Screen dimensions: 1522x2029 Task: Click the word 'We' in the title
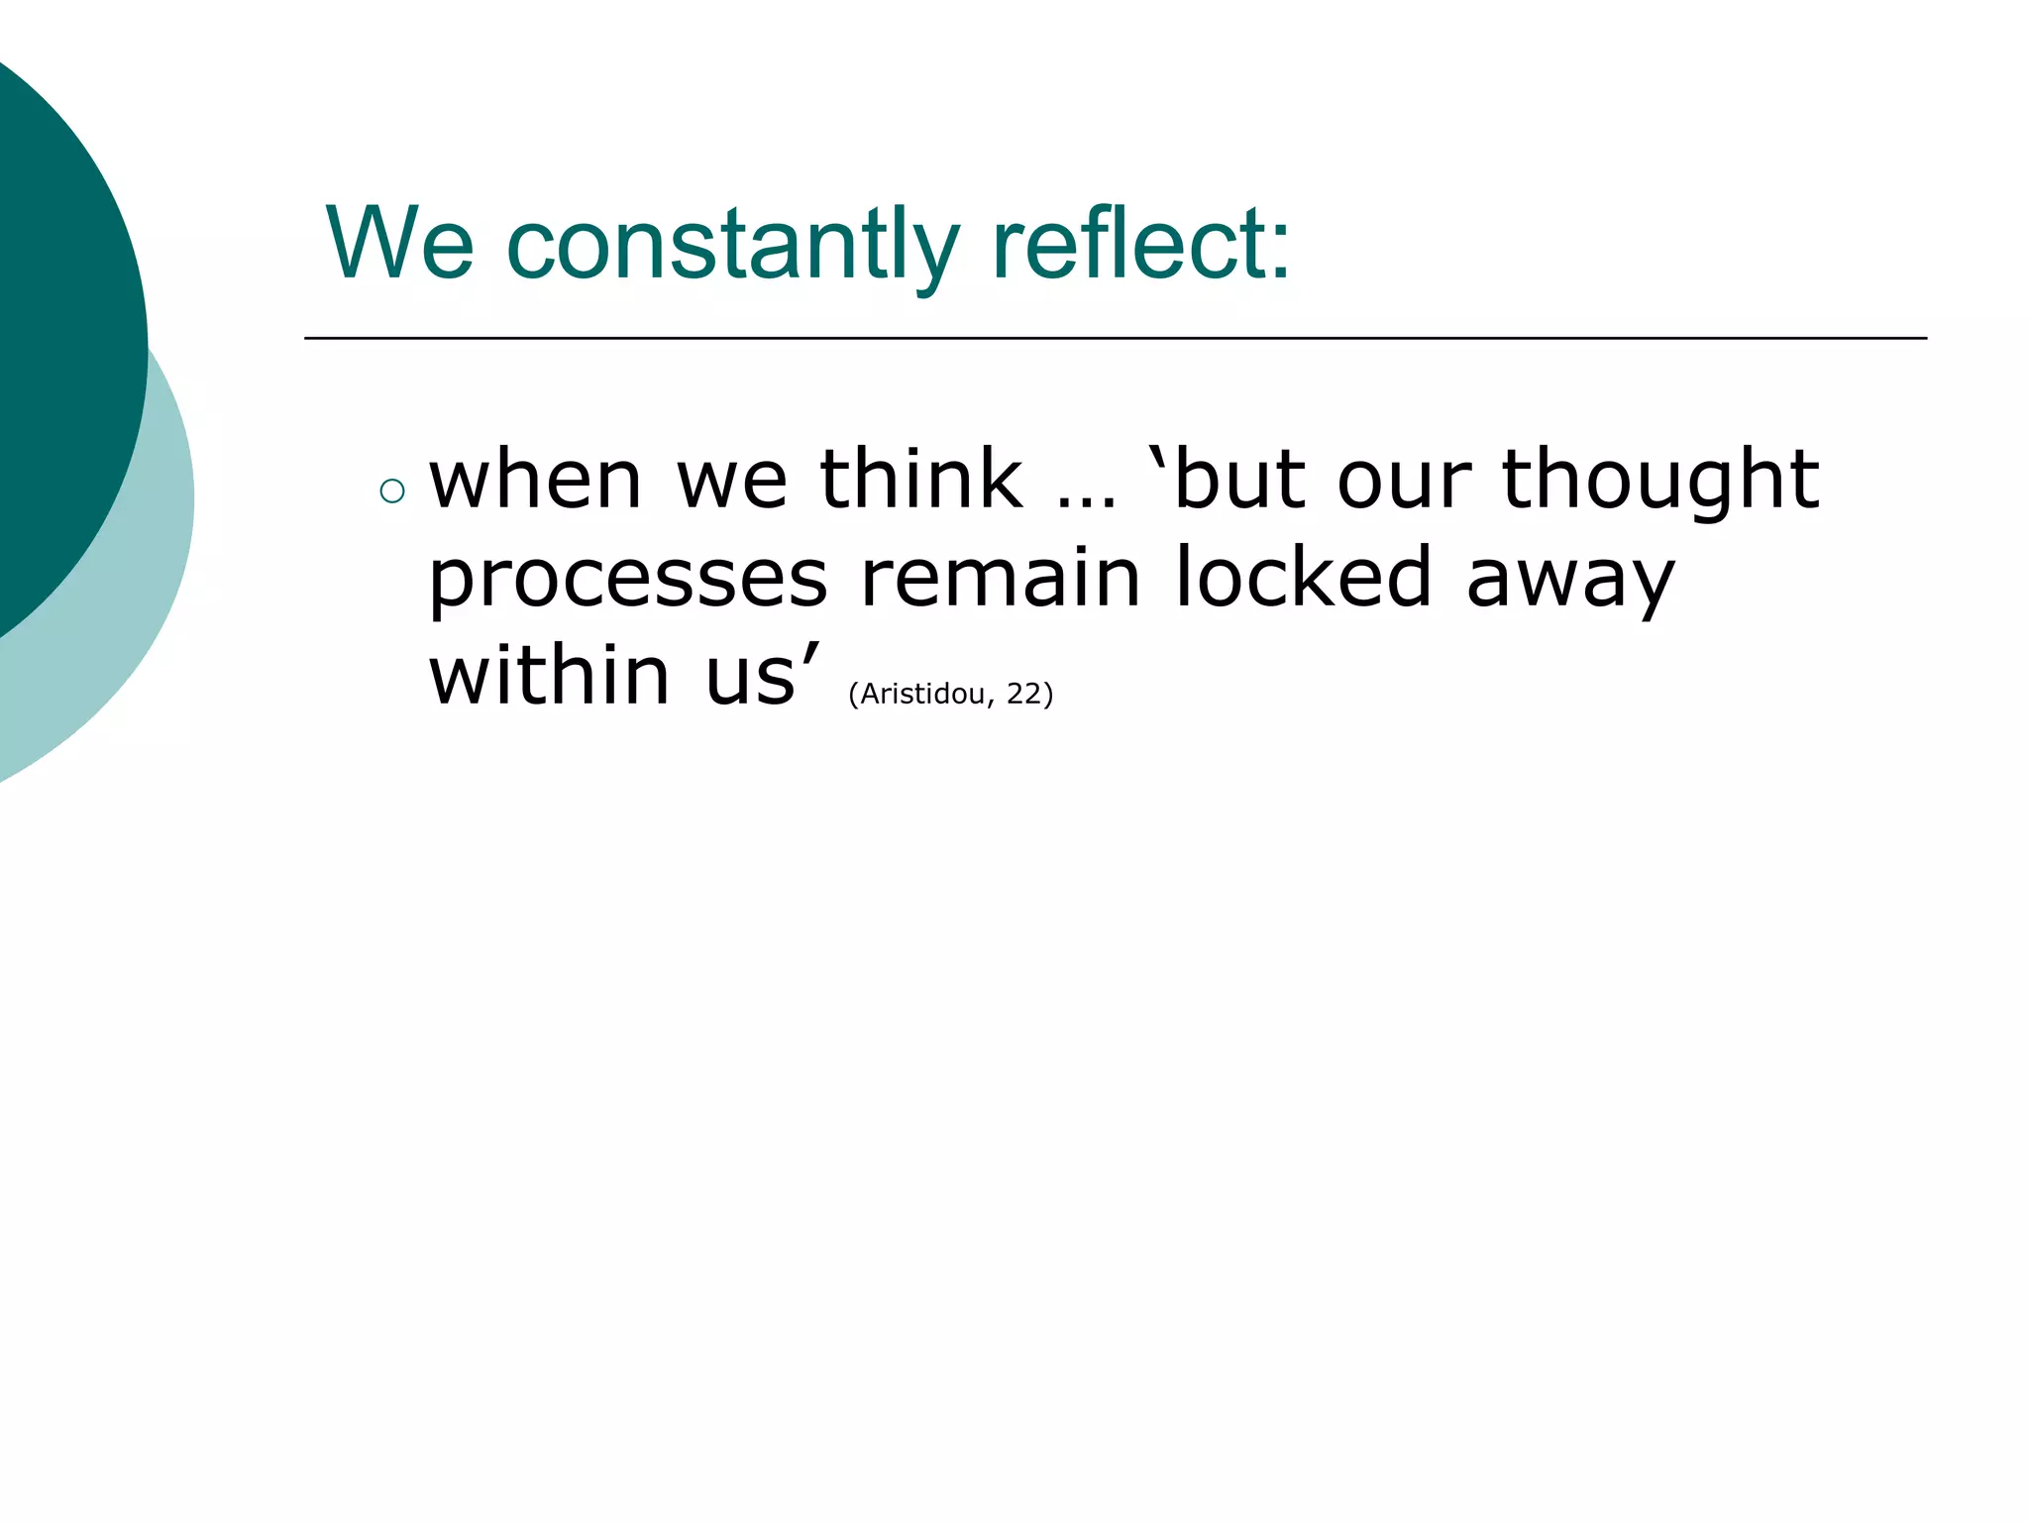pos(399,244)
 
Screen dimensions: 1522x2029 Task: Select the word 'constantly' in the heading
pos(732,246)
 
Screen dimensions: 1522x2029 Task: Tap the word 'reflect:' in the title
pos(1141,244)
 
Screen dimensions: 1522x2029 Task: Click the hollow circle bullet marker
pos(392,490)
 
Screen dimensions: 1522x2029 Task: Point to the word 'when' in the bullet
pos(535,481)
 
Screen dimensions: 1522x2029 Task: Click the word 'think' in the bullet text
pos(920,481)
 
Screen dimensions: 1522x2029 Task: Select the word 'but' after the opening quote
pos(1238,481)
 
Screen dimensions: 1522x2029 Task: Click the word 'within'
pos(550,676)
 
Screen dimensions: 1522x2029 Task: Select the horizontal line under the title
pos(1115,338)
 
